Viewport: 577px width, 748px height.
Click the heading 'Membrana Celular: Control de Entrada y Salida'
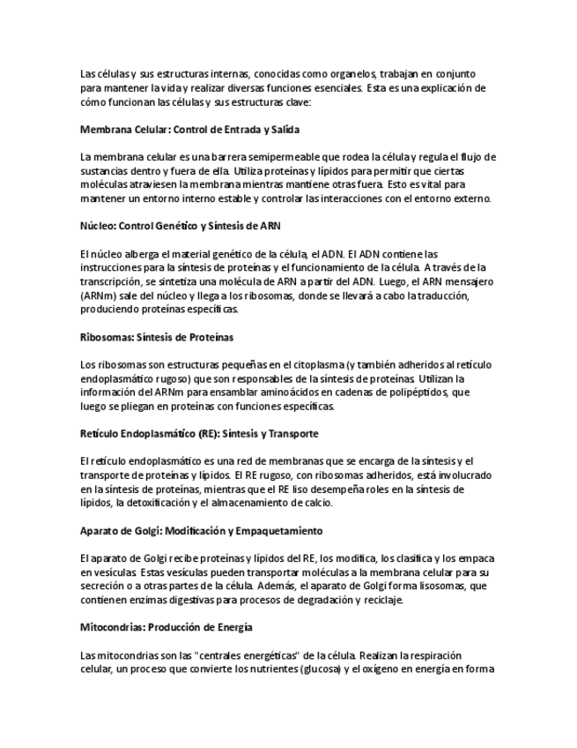coord(189,130)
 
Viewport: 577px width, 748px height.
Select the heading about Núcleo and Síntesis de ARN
coord(180,226)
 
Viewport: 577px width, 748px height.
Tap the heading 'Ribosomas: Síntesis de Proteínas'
coord(156,337)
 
